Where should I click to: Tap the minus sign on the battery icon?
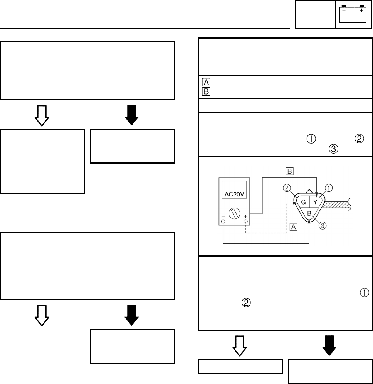pyautogui.click(x=344, y=10)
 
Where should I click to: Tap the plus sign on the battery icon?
pyautogui.click(x=361, y=10)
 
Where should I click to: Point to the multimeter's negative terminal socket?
pyautogui.click(x=223, y=222)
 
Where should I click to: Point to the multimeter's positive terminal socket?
pyautogui.click(x=245, y=222)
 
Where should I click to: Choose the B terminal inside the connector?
pyautogui.click(x=309, y=213)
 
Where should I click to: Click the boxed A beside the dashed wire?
pyautogui.click(x=294, y=228)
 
